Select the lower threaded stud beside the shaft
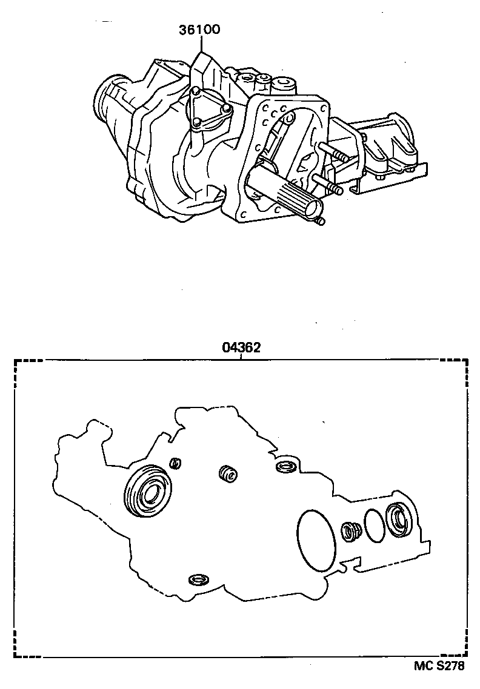point(327,184)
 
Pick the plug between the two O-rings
point(350,531)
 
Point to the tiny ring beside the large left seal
point(175,464)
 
